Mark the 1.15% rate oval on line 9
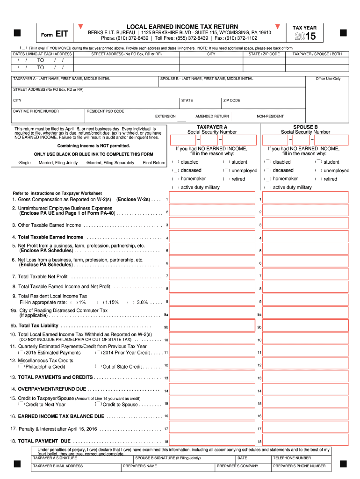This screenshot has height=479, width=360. tap(98, 303)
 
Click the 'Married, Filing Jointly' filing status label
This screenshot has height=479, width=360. tap(58, 163)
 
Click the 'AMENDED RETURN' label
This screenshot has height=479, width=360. tap(212, 116)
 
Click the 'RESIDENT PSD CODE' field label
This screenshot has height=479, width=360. tap(106, 111)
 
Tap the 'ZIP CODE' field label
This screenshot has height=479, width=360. tap(231, 101)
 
